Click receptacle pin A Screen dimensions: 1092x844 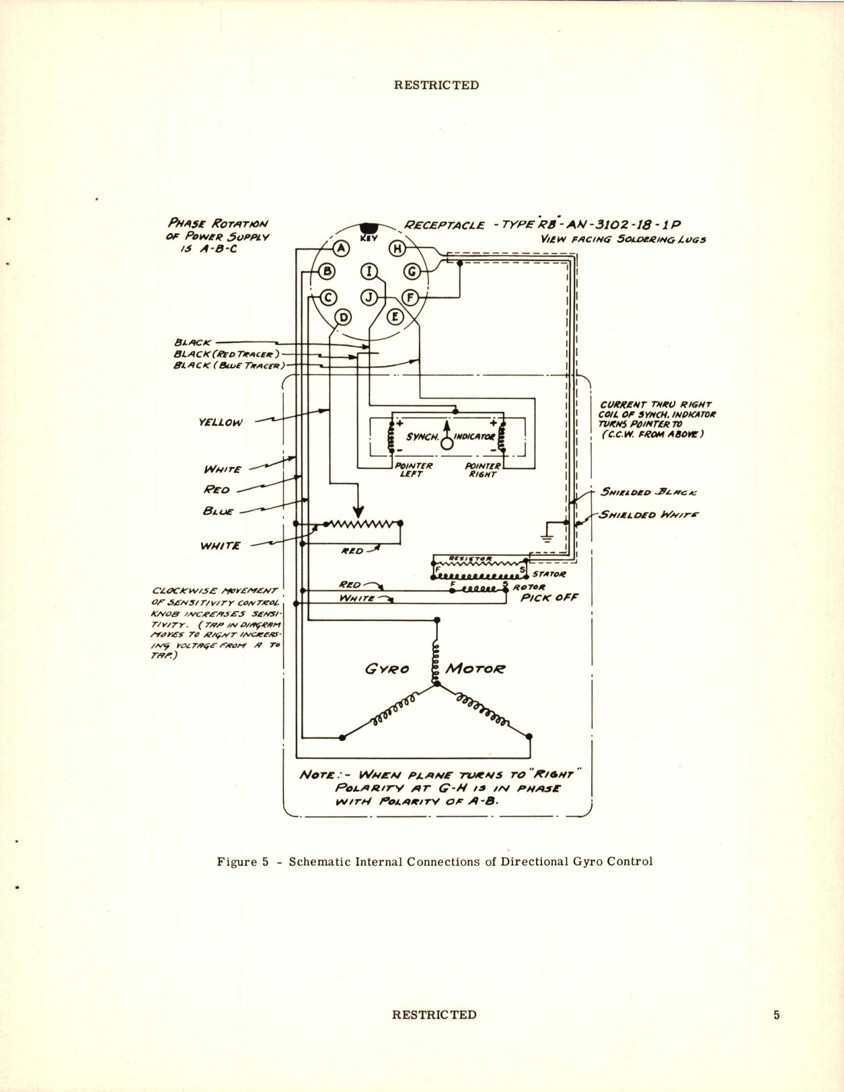(342, 248)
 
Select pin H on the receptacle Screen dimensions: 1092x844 (397, 248)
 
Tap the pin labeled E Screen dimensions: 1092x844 (395, 316)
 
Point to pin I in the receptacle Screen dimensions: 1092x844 (369, 271)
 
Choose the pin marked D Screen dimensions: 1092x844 (343, 317)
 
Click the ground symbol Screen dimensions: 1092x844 (546, 536)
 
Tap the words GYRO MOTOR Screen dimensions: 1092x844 (435, 669)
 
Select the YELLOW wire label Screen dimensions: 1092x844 (221, 423)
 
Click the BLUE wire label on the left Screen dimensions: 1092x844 (218, 511)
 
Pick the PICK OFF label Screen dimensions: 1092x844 (549, 597)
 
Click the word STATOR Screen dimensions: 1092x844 (549, 574)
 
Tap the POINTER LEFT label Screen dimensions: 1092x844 (412, 470)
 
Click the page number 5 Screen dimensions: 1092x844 (777, 1015)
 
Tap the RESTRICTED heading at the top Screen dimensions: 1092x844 (436, 85)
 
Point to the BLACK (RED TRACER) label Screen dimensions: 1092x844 (226, 354)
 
